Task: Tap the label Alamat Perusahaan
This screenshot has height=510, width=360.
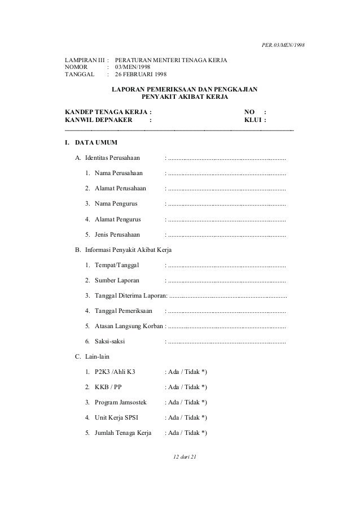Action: pyautogui.click(x=120, y=189)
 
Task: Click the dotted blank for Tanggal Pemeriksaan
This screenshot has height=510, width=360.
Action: pyautogui.click(x=226, y=311)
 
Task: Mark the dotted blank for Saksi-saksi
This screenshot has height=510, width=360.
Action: pyautogui.click(x=226, y=341)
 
